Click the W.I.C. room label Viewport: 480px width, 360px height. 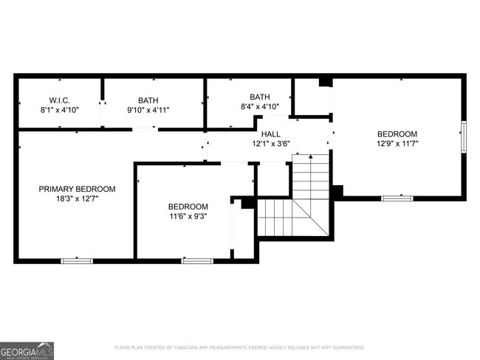coord(59,100)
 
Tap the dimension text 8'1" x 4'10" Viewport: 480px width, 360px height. coord(59,110)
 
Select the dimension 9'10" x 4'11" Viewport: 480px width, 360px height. coord(148,110)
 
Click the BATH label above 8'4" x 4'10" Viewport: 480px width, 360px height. coord(260,97)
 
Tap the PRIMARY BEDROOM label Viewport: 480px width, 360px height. coord(77,189)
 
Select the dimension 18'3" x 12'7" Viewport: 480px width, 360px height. coord(77,199)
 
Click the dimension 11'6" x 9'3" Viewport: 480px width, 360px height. coord(188,217)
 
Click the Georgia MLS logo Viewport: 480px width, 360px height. coord(27,350)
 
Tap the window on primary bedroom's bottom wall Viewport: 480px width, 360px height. coord(77,260)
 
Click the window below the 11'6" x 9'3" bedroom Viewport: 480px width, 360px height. coord(197,260)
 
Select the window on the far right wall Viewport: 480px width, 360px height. coord(464,136)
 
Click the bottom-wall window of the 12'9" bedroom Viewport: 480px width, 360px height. coord(397,198)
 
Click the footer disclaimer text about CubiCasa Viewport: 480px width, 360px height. coord(239,347)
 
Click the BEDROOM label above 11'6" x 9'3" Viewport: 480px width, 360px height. coord(188,207)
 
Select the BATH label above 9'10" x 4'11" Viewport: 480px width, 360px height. coord(148,100)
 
